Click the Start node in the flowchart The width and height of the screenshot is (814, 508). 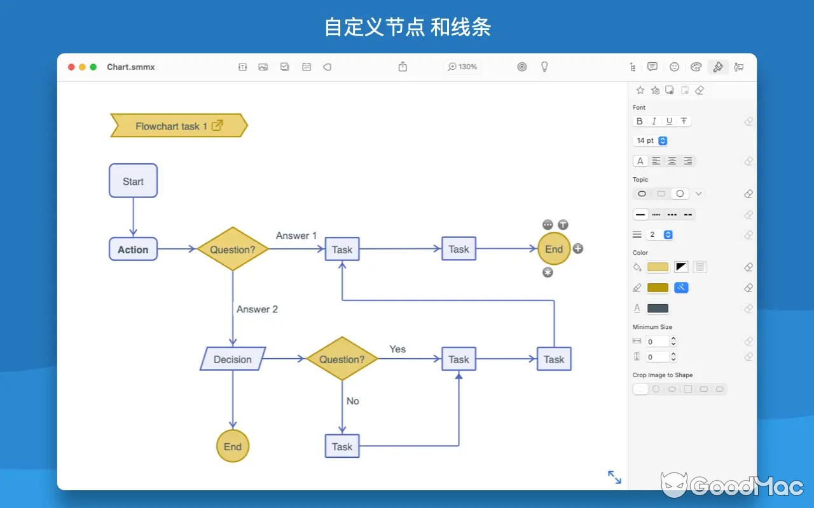(x=133, y=181)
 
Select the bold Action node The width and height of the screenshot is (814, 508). (x=133, y=250)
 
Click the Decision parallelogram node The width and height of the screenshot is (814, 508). (x=233, y=359)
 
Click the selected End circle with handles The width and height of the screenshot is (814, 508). (x=554, y=249)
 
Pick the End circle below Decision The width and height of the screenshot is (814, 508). (x=233, y=446)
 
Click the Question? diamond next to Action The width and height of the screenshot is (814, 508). (x=233, y=250)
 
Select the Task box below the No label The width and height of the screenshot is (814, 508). (x=342, y=446)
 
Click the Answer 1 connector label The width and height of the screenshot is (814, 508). (x=296, y=236)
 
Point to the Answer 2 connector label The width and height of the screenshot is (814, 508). (x=257, y=309)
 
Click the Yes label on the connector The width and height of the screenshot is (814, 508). (x=397, y=349)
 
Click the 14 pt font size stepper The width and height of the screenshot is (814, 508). (x=663, y=140)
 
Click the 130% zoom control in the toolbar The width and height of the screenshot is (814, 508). (x=462, y=67)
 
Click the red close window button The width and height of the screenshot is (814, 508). (x=71, y=67)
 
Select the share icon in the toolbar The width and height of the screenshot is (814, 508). (x=403, y=67)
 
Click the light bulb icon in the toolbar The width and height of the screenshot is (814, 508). (x=544, y=67)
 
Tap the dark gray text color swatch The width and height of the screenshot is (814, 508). (x=658, y=309)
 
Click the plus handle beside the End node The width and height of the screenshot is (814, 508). (x=577, y=248)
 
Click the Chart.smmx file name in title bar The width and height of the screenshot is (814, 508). (x=131, y=67)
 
